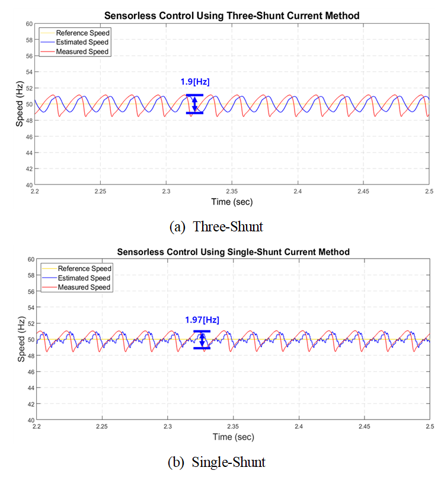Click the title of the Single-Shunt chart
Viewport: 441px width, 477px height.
tap(233, 252)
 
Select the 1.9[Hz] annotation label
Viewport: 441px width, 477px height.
tap(195, 82)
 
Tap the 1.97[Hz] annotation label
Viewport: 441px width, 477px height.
tap(202, 320)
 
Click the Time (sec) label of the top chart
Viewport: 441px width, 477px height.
tap(232, 202)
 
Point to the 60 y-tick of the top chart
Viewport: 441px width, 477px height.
tap(29, 24)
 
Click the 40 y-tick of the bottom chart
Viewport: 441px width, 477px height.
tap(29, 420)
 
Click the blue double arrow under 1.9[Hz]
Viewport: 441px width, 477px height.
tap(194, 104)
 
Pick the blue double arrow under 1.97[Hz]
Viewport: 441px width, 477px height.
tap(202, 339)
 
